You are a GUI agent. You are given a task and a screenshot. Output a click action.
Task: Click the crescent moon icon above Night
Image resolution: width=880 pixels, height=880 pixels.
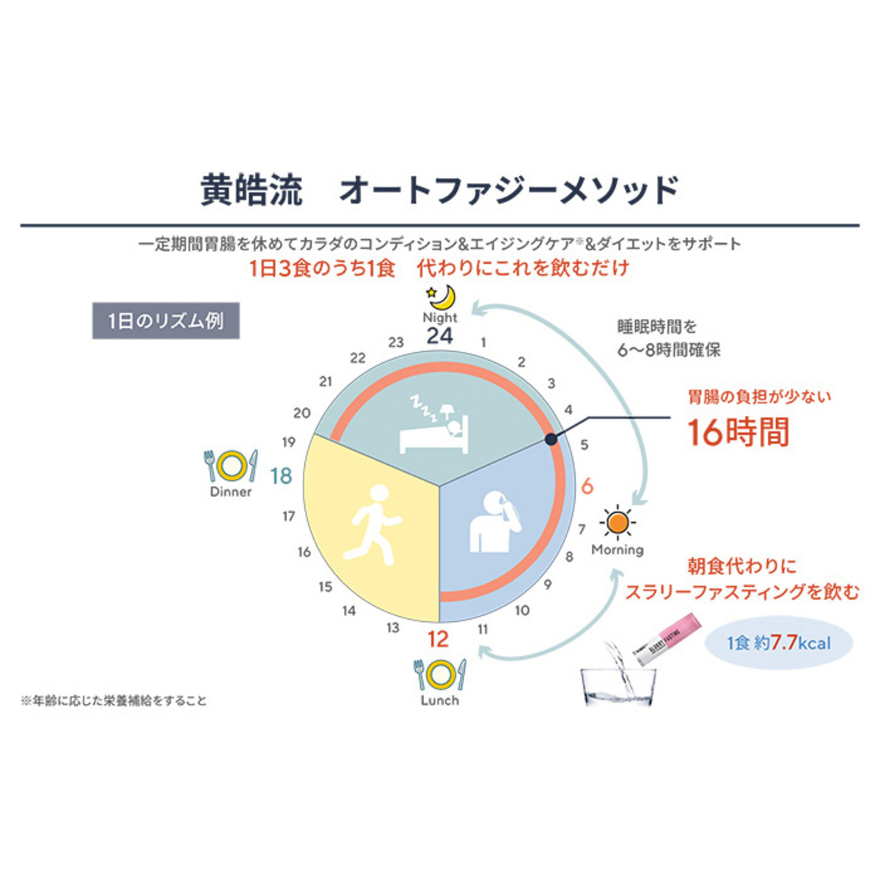click(443, 297)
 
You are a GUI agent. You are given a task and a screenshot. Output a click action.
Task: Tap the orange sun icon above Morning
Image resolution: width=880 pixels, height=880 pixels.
click(617, 523)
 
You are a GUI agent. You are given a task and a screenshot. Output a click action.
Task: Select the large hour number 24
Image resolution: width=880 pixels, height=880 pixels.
click(440, 336)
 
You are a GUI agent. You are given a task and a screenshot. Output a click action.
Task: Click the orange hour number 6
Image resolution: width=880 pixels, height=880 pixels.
click(587, 486)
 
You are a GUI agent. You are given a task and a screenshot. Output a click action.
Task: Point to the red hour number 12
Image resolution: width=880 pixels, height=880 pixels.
click(438, 639)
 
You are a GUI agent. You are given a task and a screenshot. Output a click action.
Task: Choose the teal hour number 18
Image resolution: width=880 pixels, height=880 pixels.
click(281, 476)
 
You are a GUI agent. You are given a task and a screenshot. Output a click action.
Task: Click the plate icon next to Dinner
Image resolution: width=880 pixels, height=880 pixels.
click(231, 465)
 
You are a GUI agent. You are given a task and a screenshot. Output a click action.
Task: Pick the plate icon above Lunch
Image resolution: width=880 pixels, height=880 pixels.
click(440, 674)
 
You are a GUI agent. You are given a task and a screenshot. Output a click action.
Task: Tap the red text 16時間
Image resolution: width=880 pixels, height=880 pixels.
click(738, 432)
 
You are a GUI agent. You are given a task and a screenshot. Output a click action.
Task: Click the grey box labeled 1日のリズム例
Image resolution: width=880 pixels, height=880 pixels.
click(166, 321)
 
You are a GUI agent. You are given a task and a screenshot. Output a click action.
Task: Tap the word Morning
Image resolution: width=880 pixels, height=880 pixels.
click(617, 550)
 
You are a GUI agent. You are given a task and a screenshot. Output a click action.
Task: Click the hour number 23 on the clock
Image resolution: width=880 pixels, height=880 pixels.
click(396, 342)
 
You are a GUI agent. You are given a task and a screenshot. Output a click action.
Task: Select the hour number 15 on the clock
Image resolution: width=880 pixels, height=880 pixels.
click(326, 587)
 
